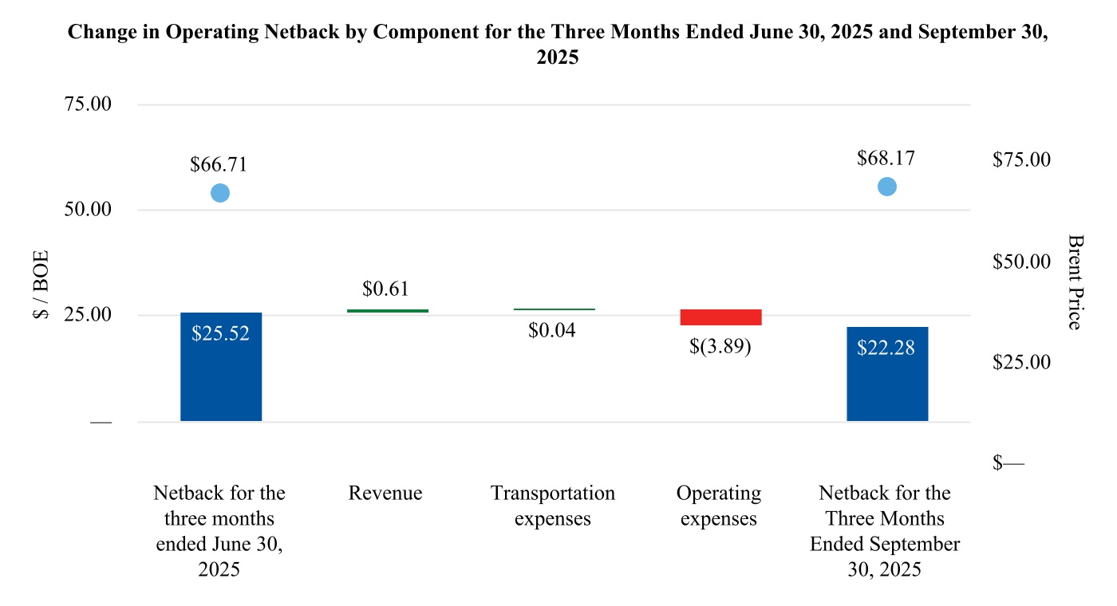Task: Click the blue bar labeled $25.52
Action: coord(221,367)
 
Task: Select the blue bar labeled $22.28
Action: coord(887,374)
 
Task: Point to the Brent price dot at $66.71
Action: coord(220,193)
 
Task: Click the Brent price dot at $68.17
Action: coord(886,187)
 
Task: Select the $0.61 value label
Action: coord(385,289)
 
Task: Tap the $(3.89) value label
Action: coord(720,348)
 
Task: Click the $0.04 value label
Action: coord(551,329)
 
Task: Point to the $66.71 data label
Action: coord(219,165)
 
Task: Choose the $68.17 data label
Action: coord(886,158)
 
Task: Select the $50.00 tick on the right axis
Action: coord(1022,262)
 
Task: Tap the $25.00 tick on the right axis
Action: coord(1022,362)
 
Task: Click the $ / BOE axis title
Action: coord(41,285)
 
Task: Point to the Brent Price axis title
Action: coord(1075,281)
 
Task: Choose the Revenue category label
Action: coord(385,494)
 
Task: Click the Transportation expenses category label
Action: coord(553,506)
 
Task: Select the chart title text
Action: coord(558,45)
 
